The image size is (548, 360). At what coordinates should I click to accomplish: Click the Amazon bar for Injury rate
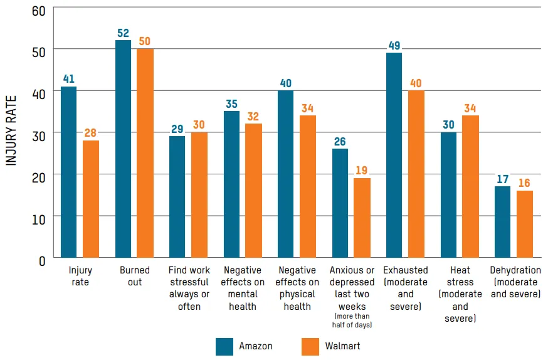pyautogui.click(x=68, y=172)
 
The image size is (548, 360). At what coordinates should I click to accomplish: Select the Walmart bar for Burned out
pyautogui.click(x=145, y=153)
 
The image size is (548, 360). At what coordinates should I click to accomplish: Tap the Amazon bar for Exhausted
pyautogui.click(x=394, y=155)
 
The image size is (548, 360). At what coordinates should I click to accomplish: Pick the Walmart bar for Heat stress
pyautogui.click(x=470, y=186)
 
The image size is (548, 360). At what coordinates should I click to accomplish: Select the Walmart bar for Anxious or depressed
pyautogui.click(x=362, y=218)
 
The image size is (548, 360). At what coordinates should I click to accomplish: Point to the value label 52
pyautogui.click(x=123, y=32)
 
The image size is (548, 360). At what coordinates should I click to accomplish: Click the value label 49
pyautogui.click(x=394, y=45)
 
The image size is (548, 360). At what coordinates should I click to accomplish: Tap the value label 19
pyautogui.click(x=362, y=170)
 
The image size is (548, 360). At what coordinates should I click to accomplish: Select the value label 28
pyautogui.click(x=91, y=132)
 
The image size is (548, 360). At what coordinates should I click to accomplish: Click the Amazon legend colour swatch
pyautogui.click(x=224, y=346)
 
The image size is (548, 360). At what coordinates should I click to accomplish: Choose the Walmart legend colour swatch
pyautogui.click(x=310, y=346)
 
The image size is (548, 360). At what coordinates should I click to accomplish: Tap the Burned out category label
pyautogui.click(x=135, y=277)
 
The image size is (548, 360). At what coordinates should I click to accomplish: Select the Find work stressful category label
pyautogui.click(x=189, y=289)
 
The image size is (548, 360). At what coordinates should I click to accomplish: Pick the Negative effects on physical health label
pyautogui.click(x=297, y=289)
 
